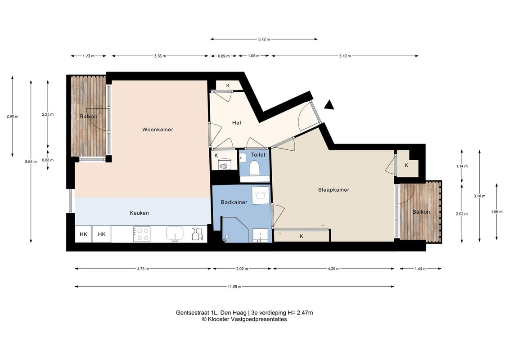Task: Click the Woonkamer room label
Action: [158, 130]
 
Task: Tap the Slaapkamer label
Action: [333, 190]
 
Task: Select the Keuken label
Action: [139, 213]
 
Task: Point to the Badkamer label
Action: [234, 202]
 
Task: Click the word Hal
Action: [236, 123]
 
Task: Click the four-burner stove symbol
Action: [142, 234]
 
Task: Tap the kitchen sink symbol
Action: [175, 234]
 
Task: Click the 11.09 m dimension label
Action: [234, 287]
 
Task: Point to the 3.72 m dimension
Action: [264, 39]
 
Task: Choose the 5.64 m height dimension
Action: [31, 162]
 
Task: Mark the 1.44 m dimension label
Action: [420, 269]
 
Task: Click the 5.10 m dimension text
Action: [345, 56]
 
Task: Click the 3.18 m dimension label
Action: [479, 196]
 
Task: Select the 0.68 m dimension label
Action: [48, 160]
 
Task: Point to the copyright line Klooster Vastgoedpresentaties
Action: [244, 319]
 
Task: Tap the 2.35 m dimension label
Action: [48, 115]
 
